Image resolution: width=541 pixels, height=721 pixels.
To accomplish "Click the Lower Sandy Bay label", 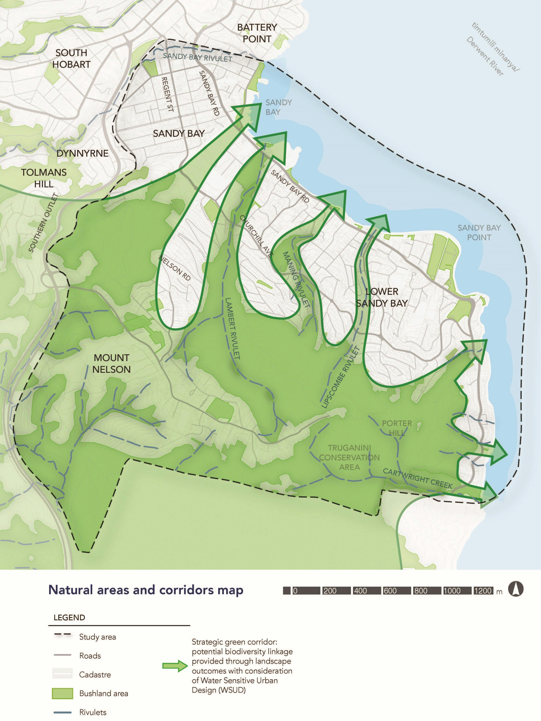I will pyautogui.click(x=382, y=297).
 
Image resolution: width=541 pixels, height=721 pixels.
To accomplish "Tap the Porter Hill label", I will pyautogui.click(x=397, y=428).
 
